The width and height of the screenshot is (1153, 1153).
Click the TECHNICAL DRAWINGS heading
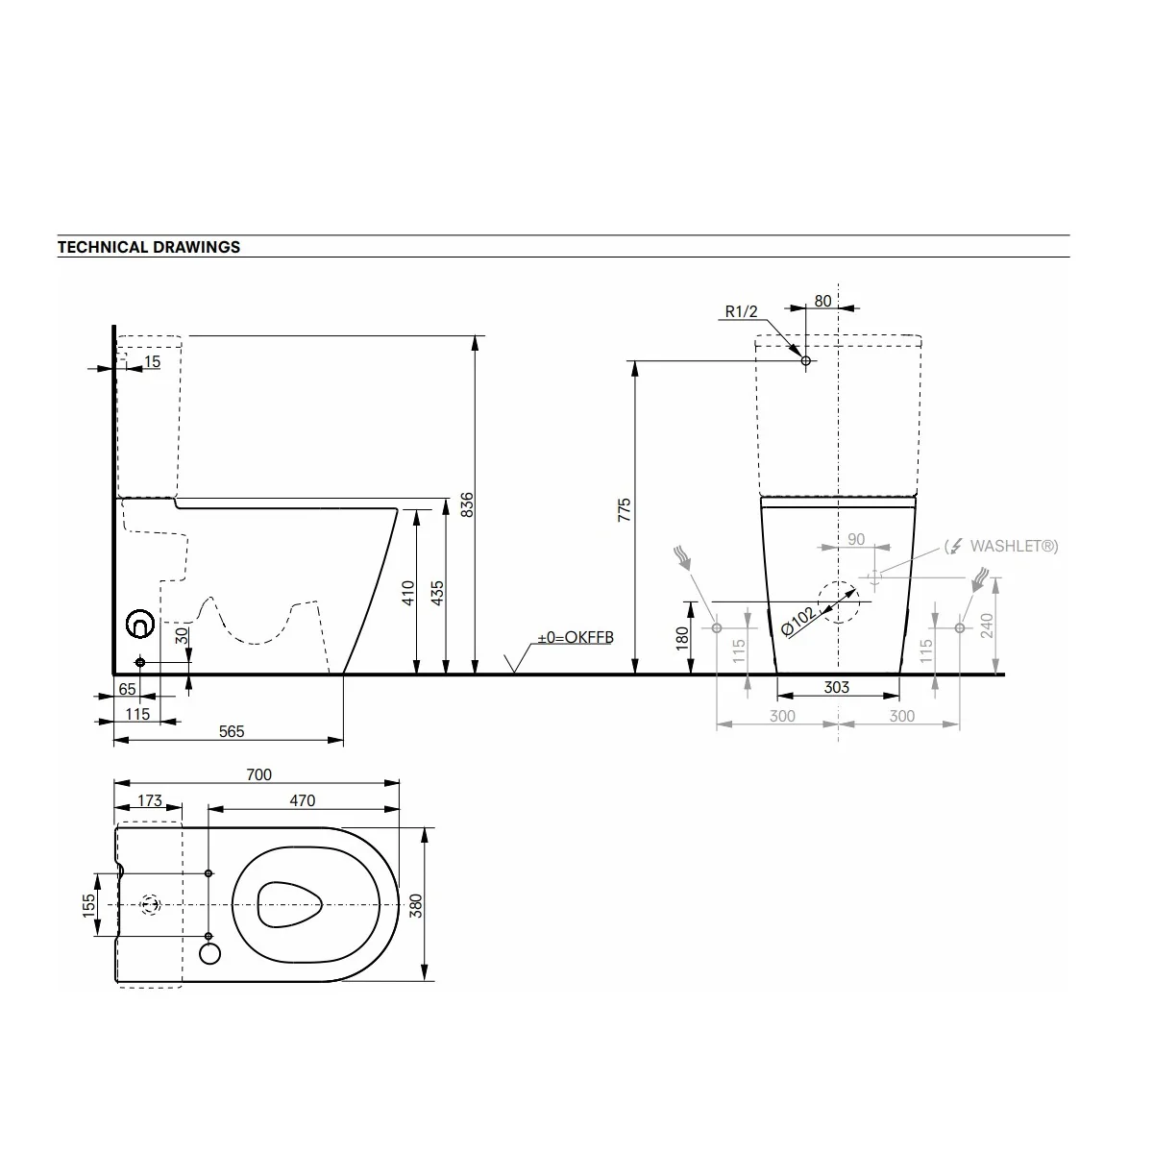(x=148, y=247)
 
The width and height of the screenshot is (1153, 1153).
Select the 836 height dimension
(x=467, y=504)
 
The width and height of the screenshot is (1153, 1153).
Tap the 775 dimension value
(x=625, y=510)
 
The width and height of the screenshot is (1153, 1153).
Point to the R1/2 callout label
(x=741, y=311)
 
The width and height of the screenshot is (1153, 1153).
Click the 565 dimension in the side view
(x=232, y=731)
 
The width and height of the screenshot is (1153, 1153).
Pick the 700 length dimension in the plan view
(x=259, y=774)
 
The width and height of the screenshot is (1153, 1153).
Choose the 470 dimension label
(x=302, y=800)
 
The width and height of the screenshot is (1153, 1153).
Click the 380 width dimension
(x=415, y=906)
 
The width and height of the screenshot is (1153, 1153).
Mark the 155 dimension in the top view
(x=88, y=905)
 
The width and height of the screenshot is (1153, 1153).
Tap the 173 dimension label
(x=150, y=800)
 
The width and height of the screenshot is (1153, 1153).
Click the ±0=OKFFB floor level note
(x=576, y=637)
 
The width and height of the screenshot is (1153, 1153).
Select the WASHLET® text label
(x=1013, y=546)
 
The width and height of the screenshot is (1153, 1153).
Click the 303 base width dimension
(x=837, y=687)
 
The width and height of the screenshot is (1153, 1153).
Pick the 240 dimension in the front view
(x=987, y=626)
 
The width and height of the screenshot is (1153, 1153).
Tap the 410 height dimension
(x=408, y=593)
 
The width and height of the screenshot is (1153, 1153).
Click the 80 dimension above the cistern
(x=822, y=301)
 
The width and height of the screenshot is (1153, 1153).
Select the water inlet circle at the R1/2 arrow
(x=806, y=361)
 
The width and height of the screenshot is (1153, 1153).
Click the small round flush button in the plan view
(x=209, y=954)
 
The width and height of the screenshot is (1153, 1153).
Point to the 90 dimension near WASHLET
(x=856, y=539)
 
